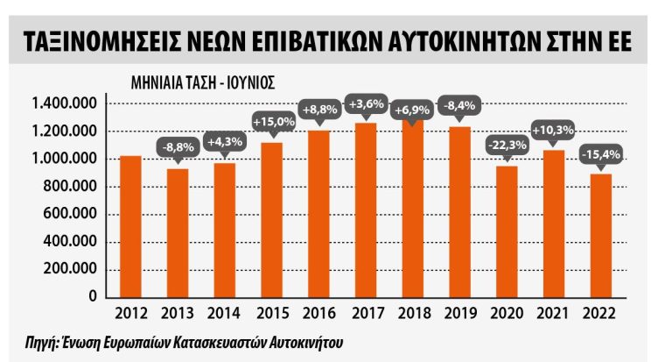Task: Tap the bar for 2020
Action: (506, 231)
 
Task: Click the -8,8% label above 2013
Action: (177, 147)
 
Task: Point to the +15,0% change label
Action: (270, 122)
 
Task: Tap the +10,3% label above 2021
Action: (553, 130)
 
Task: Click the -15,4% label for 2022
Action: (600, 154)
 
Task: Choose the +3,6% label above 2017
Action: (365, 104)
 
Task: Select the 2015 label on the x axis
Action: (270, 313)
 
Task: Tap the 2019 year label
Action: (458, 313)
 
